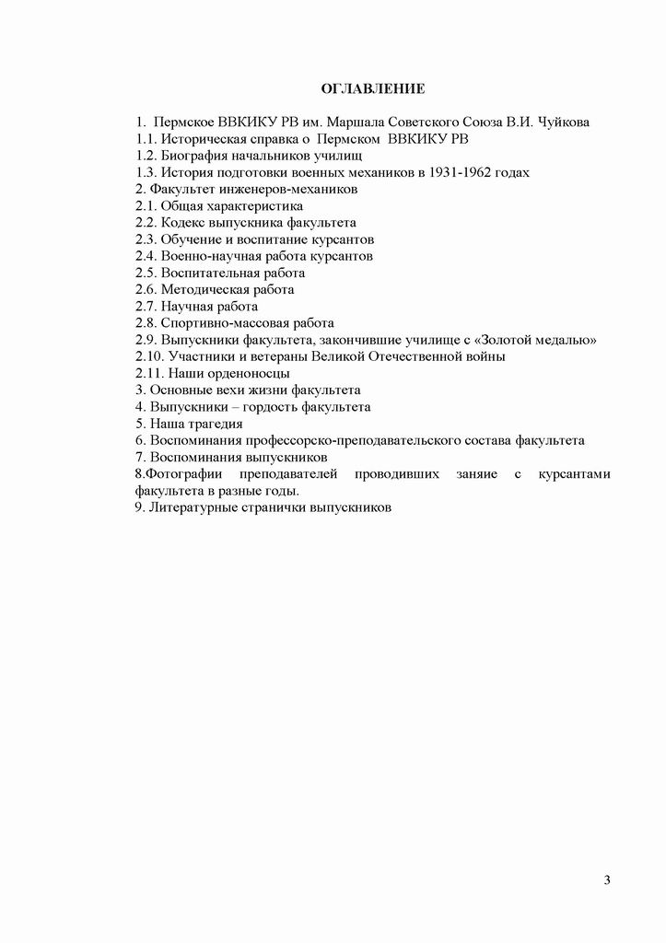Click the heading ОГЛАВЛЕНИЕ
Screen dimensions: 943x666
(x=371, y=89)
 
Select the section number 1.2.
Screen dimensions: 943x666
(x=146, y=156)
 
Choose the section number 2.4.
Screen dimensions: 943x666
(x=146, y=256)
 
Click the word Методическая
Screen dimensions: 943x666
(x=203, y=289)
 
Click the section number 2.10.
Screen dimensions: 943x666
(x=149, y=356)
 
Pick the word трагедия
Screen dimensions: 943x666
(x=213, y=424)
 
